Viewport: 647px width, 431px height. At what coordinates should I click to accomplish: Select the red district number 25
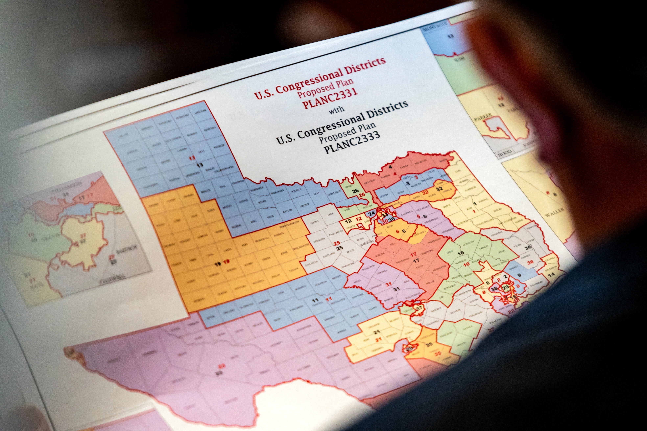click(x=337, y=243)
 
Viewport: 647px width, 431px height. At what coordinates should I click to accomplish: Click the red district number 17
click(x=413, y=255)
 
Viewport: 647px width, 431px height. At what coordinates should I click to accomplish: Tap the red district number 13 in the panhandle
click(x=192, y=158)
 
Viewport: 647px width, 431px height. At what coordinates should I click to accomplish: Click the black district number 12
click(x=348, y=221)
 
